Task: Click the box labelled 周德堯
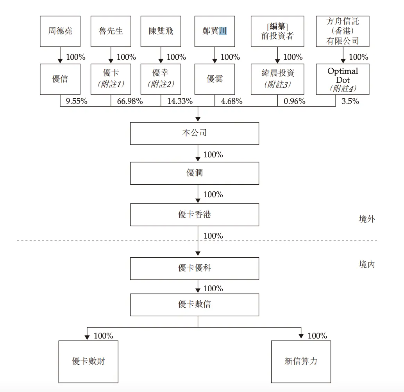pos(60,31)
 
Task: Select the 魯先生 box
pos(111,31)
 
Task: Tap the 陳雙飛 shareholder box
pos(161,31)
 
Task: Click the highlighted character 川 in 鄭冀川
pos(223,31)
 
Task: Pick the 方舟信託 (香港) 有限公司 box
pos(343,31)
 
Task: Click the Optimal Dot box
pos(343,79)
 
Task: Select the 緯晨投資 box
pos(278,79)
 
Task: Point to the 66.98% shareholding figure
pos(127,102)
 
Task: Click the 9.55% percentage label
pos(77,102)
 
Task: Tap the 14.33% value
pos(180,102)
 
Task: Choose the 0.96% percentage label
pos(294,102)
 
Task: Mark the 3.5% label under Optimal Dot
pos(350,102)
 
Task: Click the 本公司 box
pos(195,133)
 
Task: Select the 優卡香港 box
pos(195,214)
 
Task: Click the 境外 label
pos(367,219)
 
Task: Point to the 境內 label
pos(367,264)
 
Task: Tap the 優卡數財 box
pos(88,361)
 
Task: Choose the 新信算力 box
pos(301,361)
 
